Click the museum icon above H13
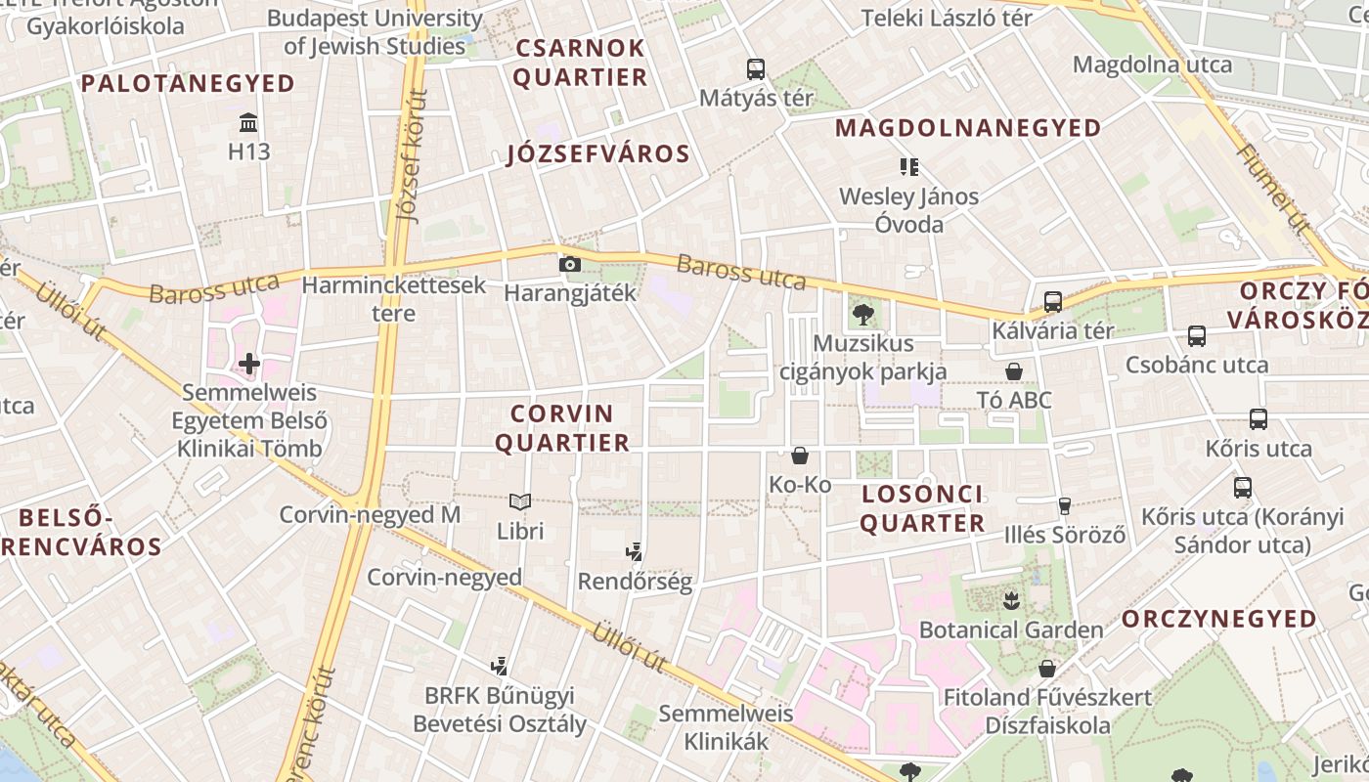tap(248, 123)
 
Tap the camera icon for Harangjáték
tap(569, 264)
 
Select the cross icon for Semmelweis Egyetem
tap(249, 365)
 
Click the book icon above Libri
tap(520, 502)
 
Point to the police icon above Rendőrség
tap(635, 552)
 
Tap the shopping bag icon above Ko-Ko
tap(800, 456)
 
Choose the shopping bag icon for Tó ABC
tap(1014, 371)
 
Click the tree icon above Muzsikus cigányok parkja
tap(862, 314)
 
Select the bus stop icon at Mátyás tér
tap(756, 69)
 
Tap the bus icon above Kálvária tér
tap(1053, 302)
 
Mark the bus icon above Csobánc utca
tap(1197, 336)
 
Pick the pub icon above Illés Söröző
tap(1065, 506)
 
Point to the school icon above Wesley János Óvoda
tap(909, 167)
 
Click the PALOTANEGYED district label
tap(188, 83)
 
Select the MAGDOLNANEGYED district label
tap(968, 127)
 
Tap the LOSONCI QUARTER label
tap(922, 508)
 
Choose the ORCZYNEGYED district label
tap(1218, 619)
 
